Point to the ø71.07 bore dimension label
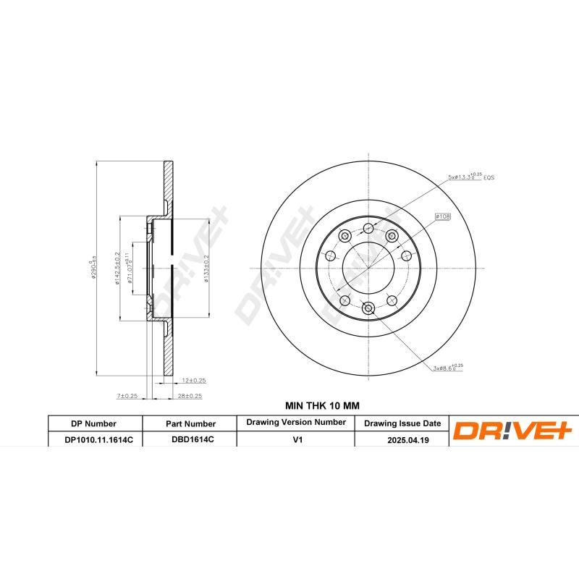[130, 269]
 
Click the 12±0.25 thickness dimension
[194, 381]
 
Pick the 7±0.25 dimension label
[127, 396]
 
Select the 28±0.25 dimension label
[190, 396]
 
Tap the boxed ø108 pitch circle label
[442, 216]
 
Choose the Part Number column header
[190, 423]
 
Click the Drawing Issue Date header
[402, 423]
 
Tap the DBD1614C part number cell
[190, 439]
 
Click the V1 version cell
[295, 439]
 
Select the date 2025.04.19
[402, 439]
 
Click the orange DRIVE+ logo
[512, 431]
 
